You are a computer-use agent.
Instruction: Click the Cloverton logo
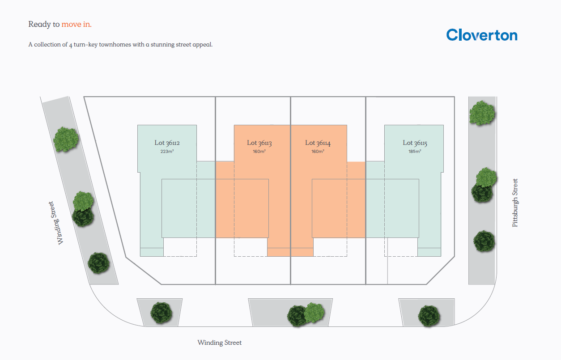pyautogui.click(x=482, y=35)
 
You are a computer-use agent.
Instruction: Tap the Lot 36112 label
pyautogui.click(x=167, y=143)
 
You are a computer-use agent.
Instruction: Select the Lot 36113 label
pyautogui.click(x=259, y=143)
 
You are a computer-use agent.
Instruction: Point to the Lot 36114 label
pyautogui.click(x=318, y=143)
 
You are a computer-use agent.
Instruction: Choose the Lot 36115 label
pyautogui.click(x=415, y=143)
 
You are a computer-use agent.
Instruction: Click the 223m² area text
pyautogui.click(x=167, y=152)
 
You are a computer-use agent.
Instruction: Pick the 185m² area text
pyautogui.click(x=415, y=152)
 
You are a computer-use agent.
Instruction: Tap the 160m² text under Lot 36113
pyautogui.click(x=259, y=152)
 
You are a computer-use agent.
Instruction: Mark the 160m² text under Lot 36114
pyautogui.click(x=318, y=152)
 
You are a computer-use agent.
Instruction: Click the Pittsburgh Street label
pyautogui.click(x=515, y=203)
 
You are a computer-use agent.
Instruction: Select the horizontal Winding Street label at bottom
pyautogui.click(x=220, y=343)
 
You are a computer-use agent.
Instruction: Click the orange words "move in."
pyautogui.click(x=76, y=24)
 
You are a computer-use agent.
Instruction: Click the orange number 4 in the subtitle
pyautogui.click(x=71, y=45)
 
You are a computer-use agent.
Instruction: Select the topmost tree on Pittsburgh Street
pyautogui.click(x=482, y=112)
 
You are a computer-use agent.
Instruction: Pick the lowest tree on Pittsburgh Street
pyautogui.click(x=484, y=241)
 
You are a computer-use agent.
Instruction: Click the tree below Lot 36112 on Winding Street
pyautogui.click(x=161, y=313)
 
